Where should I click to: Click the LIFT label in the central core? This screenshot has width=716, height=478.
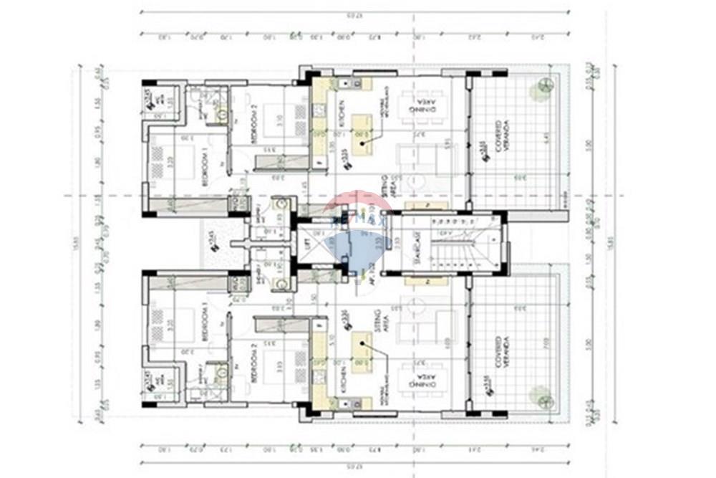click(x=309, y=244)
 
